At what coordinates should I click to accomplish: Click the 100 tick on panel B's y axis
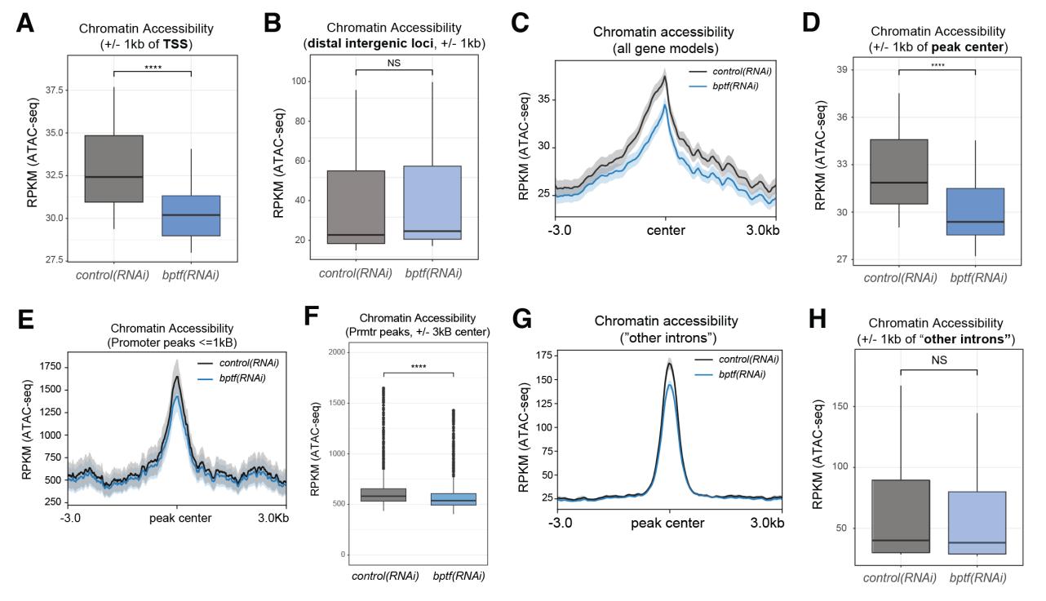tap(277, 82)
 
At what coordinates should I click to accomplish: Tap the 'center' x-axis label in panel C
tap(666, 232)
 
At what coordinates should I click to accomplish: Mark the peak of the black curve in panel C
tap(666, 77)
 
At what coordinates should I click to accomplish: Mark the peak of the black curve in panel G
tap(670, 364)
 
